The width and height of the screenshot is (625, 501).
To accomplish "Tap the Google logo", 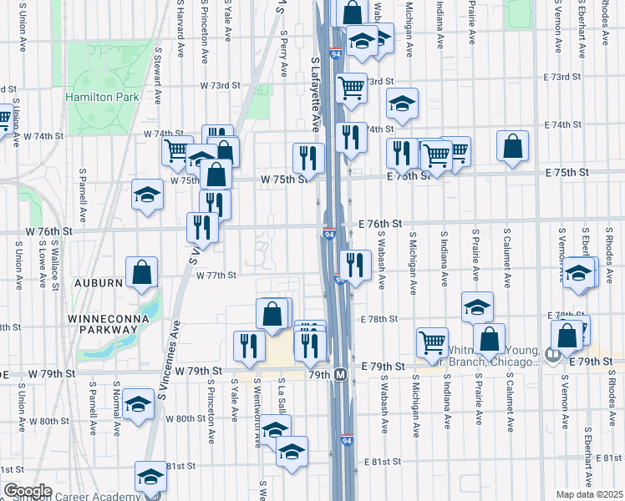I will (x=28, y=491).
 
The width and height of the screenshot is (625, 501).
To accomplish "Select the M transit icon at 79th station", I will (x=340, y=374).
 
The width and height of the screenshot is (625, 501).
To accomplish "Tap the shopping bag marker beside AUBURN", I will (x=142, y=271).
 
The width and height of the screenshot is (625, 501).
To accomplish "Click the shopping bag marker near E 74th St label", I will (x=512, y=146).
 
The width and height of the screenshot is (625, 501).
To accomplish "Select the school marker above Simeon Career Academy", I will (x=150, y=476).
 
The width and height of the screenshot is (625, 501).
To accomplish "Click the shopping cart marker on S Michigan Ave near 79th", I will (x=432, y=339).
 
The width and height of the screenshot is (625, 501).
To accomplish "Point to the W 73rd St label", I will (x=220, y=86).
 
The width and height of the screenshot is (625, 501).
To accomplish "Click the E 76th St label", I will (x=381, y=224).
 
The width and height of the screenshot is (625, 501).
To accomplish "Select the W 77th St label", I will (x=217, y=275).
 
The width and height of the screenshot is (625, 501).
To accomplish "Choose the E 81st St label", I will (x=382, y=461).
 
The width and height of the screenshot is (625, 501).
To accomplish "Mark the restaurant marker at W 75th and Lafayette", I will (x=308, y=156).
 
